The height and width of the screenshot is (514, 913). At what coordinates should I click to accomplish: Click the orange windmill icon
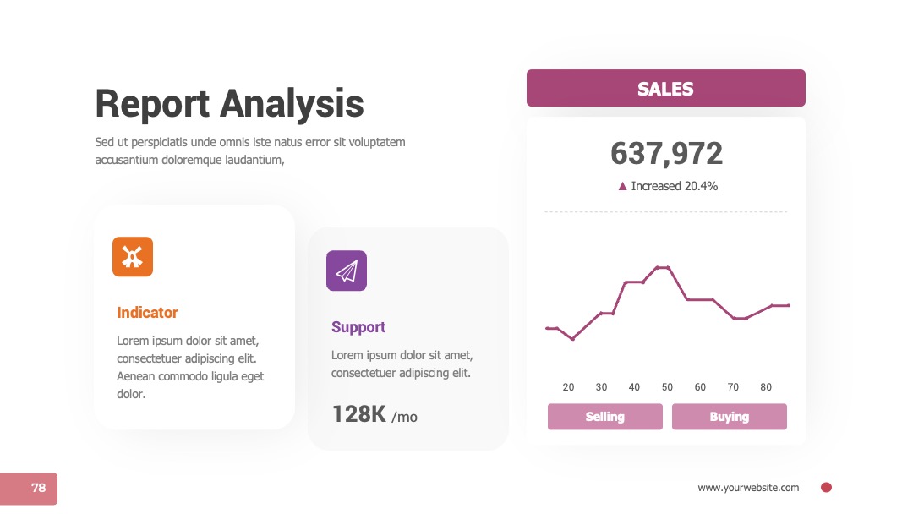(x=133, y=257)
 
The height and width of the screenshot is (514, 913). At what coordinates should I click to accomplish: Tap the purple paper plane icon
(x=347, y=271)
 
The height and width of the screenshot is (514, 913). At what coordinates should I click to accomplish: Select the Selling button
(x=605, y=417)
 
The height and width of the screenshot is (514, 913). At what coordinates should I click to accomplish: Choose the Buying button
(x=729, y=417)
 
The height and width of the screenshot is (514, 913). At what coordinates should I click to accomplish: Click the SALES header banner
(x=666, y=88)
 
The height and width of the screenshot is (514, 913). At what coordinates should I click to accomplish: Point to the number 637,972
(x=667, y=154)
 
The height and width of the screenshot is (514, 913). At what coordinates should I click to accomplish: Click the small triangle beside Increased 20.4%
(x=622, y=186)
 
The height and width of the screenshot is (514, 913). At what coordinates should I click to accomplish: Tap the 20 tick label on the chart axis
(x=568, y=387)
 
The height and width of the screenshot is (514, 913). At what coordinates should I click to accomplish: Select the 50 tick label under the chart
(x=667, y=387)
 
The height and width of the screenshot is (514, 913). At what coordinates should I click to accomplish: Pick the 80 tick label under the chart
(x=766, y=387)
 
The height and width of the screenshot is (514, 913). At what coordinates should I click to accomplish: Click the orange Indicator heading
(x=147, y=313)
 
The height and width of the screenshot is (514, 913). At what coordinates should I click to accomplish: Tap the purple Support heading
(x=358, y=327)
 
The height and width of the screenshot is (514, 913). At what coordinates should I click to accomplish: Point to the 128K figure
(x=358, y=414)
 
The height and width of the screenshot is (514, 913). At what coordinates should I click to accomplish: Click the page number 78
(x=38, y=488)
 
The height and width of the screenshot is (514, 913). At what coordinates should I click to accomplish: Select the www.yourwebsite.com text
(x=748, y=488)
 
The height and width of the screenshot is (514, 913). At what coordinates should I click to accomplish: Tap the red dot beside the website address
(x=826, y=488)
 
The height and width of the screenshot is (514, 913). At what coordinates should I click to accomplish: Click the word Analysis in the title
(x=292, y=105)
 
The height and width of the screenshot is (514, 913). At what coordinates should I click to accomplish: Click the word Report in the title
(x=152, y=105)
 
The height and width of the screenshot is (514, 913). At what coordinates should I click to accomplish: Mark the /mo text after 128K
(x=404, y=417)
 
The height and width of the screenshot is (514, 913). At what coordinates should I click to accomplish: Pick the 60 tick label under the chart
(x=700, y=387)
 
